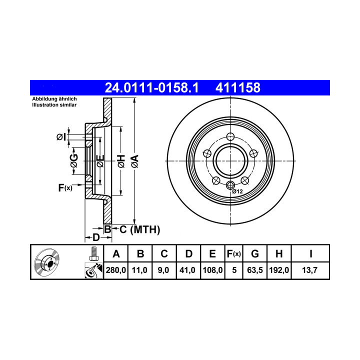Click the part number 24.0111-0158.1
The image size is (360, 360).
[151, 87]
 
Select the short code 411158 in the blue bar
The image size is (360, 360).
[238, 87]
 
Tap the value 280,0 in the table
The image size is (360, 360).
[115, 270]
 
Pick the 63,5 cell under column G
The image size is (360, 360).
[255, 270]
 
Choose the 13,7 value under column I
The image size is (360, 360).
[309, 270]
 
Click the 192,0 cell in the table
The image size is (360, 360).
[279, 270]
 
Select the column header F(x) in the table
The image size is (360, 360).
[233, 254]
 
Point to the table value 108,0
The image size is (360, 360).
[212, 270]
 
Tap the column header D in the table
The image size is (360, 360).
[188, 254]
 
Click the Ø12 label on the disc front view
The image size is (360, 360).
[237, 191]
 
